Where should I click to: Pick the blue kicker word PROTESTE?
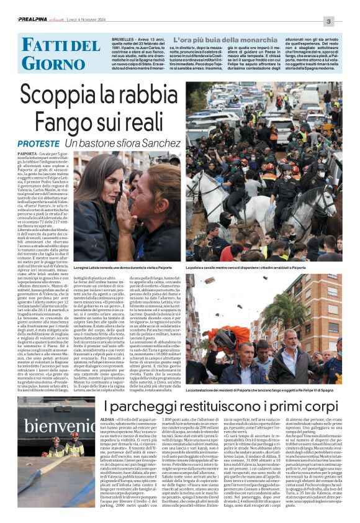pyautogui.click(x=39, y=143)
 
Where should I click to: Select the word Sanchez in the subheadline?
pyautogui.click(x=159, y=143)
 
